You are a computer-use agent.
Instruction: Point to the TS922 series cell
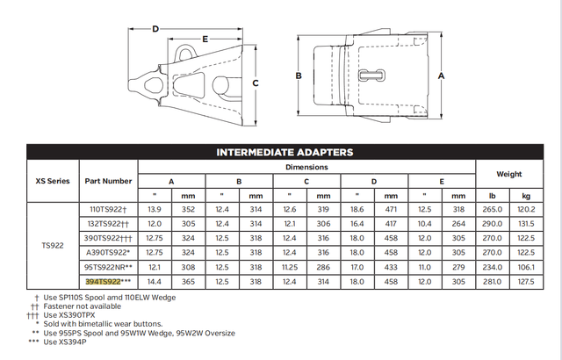coord(52,246)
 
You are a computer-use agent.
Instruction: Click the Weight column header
coord(508,174)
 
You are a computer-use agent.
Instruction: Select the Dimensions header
coord(306,167)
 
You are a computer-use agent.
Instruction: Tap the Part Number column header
coord(108,181)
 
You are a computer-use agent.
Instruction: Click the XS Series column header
coord(52,181)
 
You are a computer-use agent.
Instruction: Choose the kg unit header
coord(526,196)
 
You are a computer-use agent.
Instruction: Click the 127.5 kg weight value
coord(526,281)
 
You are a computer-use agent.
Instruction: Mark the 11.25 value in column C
coord(291,267)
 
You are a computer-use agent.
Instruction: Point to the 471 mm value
coord(391,211)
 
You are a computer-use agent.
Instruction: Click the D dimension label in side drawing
coord(155,29)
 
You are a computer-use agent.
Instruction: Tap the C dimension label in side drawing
coord(255,83)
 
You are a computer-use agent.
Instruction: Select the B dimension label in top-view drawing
coord(299,76)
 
